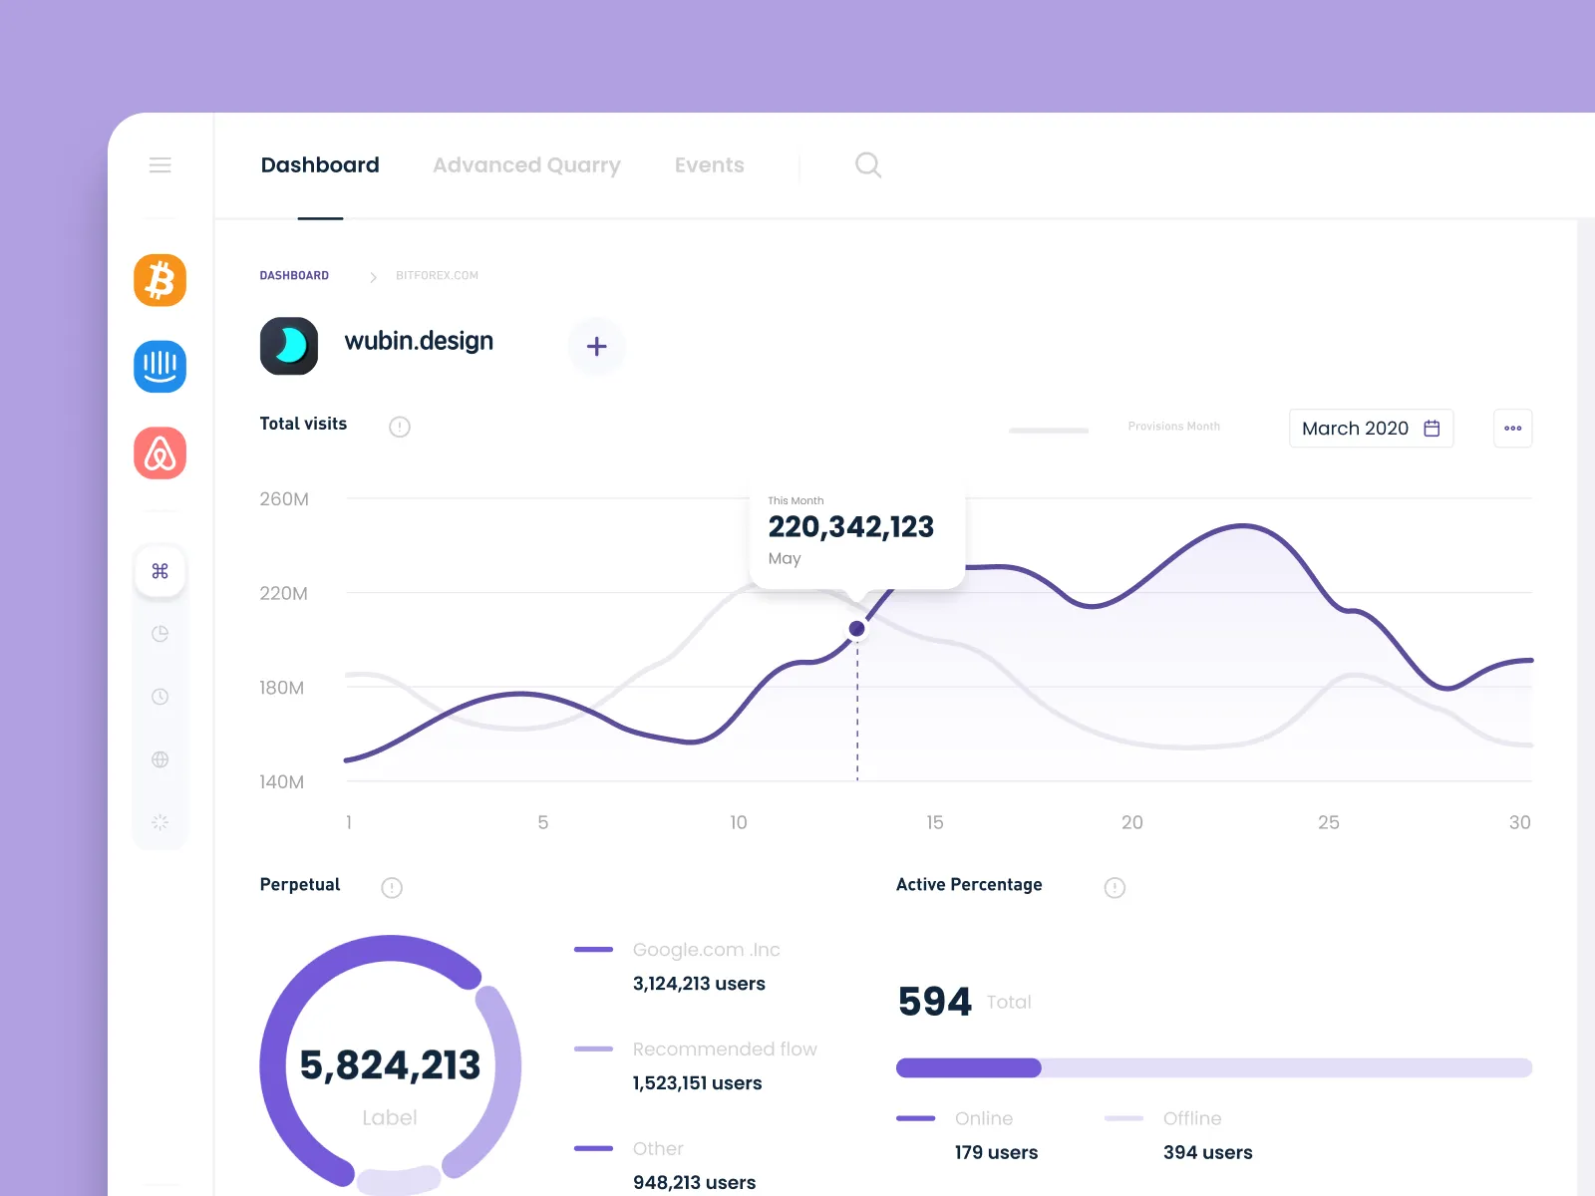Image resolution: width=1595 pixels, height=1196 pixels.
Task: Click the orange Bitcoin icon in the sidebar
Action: pos(159,280)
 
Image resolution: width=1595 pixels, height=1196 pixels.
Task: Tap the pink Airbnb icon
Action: pos(159,453)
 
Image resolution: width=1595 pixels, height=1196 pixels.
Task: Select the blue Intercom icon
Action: pos(159,367)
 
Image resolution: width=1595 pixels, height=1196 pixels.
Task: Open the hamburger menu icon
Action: pos(159,165)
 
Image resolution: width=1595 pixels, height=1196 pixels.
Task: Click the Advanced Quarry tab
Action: pos(526,165)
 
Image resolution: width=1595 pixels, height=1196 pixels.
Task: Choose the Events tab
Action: pos(709,165)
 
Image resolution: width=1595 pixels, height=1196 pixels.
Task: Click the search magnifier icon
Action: pos(868,165)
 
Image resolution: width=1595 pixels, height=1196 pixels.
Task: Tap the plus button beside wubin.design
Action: pos(596,347)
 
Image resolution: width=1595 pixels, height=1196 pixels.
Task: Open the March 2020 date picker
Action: pos(1371,429)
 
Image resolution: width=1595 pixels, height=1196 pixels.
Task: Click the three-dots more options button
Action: pos(1512,429)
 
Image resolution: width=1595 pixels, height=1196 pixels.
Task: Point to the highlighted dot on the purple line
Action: pos(857,629)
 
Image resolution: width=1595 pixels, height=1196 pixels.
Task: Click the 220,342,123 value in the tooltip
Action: pos(850,526)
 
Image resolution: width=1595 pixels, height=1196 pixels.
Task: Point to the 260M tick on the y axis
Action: pos(284,499)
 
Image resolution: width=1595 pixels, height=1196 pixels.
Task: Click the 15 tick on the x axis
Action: pos(934,822)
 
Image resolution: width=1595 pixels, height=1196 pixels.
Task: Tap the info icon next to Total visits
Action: pos(400,427)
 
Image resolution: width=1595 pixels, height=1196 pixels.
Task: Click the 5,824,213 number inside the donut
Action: pos(390,1065)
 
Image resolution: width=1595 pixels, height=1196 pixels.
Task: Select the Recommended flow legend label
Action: pos(725,1049)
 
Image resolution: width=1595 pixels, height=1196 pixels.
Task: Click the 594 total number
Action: pos(934,1002)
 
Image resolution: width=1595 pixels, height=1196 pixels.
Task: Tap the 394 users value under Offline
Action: pos(1207,1153)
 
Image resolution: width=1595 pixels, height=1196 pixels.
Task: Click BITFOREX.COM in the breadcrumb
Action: pos(437,276)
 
